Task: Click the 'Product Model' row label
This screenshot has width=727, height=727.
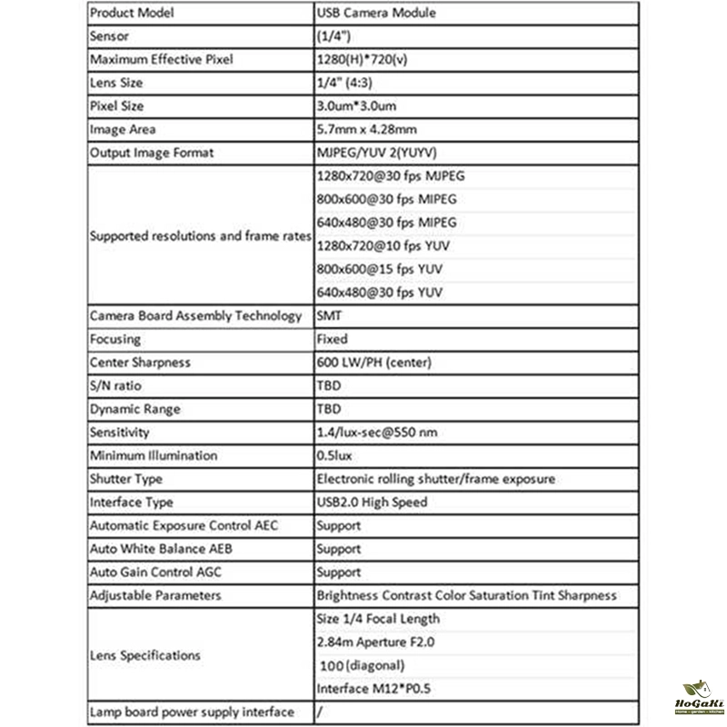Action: click(132, 14)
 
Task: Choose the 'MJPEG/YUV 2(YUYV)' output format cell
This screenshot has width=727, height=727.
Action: click(379, 154)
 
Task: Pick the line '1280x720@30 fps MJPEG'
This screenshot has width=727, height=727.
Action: click(396, 176)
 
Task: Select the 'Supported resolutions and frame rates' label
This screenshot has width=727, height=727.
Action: click(199, 235)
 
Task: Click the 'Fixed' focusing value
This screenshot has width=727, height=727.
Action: click(332, 339)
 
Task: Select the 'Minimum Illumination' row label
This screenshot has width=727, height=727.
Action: click(154, 455)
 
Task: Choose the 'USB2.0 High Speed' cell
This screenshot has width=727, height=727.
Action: click(371, 503)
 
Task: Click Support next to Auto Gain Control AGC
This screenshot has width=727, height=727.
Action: click(338, 573)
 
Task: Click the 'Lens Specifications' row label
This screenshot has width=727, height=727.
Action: click(145, 654)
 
